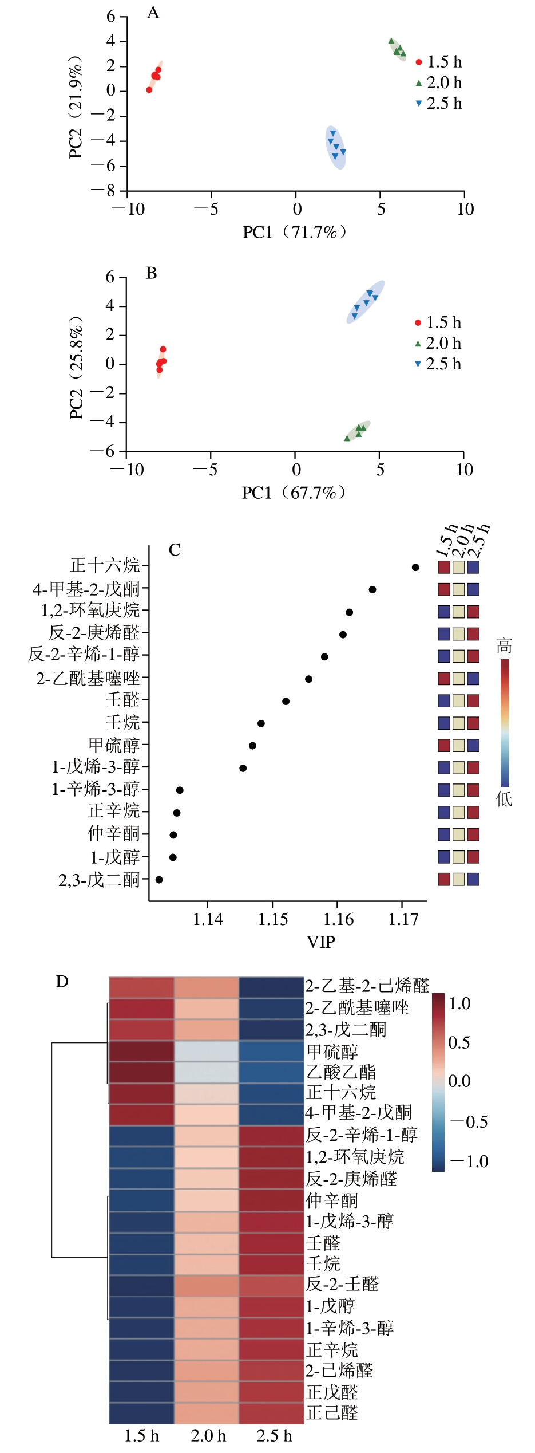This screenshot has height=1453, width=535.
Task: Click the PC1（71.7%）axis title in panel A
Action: (x=295, y=232)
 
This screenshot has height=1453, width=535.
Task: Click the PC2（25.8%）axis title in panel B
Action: (x=76, y=367)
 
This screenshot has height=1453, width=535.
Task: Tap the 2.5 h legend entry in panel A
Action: (x=439, y=104)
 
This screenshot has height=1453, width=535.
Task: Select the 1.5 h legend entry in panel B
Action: (x=438, y=323)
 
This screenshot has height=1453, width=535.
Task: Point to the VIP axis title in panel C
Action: (x=321, y=942)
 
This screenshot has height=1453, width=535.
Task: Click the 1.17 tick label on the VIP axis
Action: (x=403, y=920)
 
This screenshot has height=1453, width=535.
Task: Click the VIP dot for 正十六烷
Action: (x=415, y=568)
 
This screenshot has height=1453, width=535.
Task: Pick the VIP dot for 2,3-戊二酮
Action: (x=159, y=880)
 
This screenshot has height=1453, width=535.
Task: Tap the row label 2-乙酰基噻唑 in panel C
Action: (x=88, y=679)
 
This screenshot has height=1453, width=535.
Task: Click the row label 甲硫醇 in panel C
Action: (x=114, y=746)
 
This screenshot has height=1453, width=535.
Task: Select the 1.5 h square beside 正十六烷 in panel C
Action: (x=444, y=568)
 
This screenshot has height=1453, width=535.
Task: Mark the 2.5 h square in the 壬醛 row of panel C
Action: (x=473, y=701)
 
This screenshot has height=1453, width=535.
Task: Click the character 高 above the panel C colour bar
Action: (x=504, y=647)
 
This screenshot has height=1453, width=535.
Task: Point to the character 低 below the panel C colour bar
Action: (x=504, y=799)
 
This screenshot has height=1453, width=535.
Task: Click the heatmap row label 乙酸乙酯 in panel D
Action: (x=341, y=1072)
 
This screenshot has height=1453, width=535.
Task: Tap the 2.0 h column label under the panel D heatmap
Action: (x=208, y=1436)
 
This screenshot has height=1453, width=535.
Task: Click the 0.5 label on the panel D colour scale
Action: (x=459, y=1043)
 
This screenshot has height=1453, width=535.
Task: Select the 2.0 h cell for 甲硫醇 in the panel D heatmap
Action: (x=207, y=1052)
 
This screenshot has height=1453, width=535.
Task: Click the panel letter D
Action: (x=62, y=982)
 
